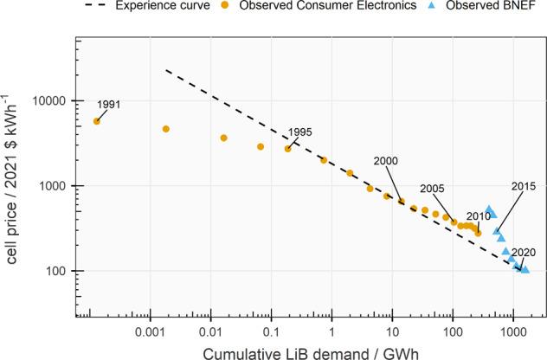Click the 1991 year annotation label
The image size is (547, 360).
108,105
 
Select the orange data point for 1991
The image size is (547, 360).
96,121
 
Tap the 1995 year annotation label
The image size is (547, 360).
299,132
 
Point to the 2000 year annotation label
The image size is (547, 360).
386,161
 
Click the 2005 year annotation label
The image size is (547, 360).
432,189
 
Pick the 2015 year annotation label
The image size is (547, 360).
524,186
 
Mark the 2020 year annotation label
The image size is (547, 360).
523,253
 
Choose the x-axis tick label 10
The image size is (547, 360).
392,331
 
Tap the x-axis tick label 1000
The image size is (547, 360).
513,331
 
